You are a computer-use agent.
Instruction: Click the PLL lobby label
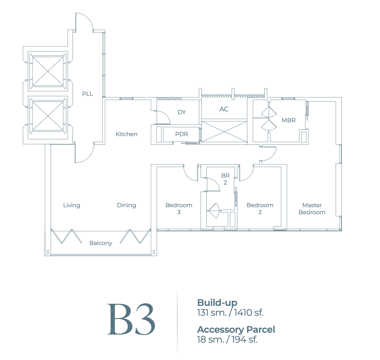tap(87, 94)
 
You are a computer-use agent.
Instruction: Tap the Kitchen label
tap(126, 134)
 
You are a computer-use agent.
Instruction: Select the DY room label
tap(182, 112)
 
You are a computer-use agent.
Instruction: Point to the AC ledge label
tap(224, 109)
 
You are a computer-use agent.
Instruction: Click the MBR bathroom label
tap(288, 120)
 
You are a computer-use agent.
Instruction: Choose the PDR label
tap(182, 134)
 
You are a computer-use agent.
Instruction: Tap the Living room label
tap(71, 205)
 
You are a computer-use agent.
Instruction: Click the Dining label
tap(126, 205)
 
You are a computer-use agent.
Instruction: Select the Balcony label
tap(100, 243)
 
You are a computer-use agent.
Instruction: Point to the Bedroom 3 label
tap(179, 209)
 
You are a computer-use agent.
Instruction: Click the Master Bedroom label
tap(312, 209)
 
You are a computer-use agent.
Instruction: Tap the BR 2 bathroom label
tap(225, 179)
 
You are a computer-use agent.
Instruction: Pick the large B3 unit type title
tap(131, 319)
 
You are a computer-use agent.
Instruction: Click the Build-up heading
tap(217, 303)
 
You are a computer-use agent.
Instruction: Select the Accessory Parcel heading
tap(236, 330)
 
